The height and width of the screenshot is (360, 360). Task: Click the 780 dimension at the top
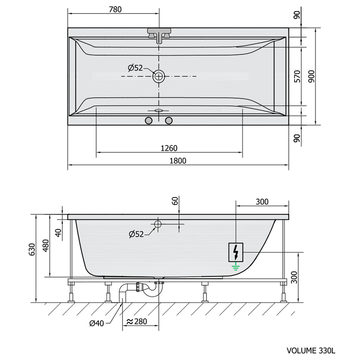pos(115,10)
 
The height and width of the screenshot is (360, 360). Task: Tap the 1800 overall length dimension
pos(178,161)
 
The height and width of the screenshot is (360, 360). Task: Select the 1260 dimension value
pos(169,148)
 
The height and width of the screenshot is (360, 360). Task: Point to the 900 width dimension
pos(311,76)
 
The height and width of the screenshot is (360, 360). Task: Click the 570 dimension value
pos(297,76)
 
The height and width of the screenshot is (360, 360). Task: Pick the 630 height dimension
pos(32,249)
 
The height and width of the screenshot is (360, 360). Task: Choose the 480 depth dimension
pos(46,245)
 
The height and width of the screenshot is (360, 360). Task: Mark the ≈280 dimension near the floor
pos(137,321)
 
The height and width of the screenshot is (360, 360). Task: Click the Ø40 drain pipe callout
pos(96,323)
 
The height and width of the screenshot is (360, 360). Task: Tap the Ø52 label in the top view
pos(135,68)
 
